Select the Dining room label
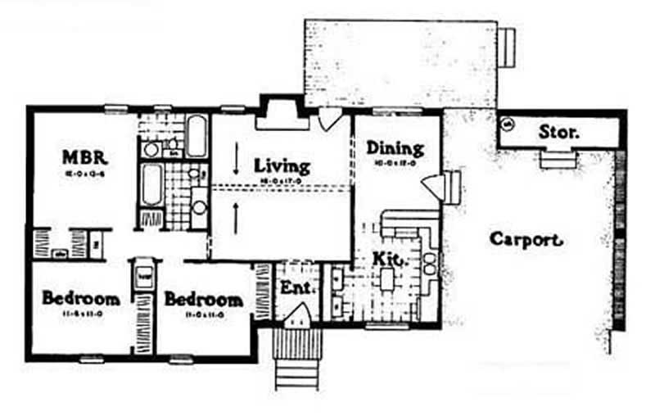tap(395, 148)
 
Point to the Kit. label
tap(388, 259)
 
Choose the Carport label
tap(526, 240)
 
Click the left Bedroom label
tap(81, 298)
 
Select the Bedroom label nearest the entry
tap(203, 300)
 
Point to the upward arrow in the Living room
tap(236, 216)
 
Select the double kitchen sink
tap(430, 262)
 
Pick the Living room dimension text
tap(280, 177)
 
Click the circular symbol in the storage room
tap(506, 125)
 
